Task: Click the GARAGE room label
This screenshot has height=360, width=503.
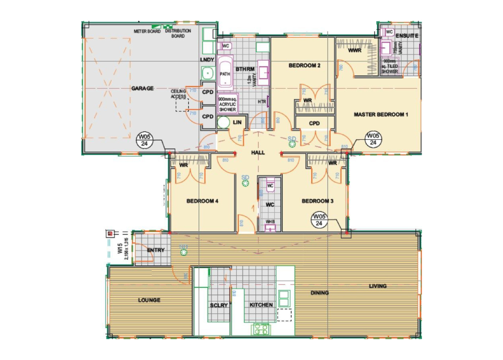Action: point(142,88)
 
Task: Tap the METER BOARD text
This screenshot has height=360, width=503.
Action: point(148,32)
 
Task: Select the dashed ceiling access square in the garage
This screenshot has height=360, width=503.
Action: point(182,105)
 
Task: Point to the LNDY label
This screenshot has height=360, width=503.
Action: point(207,60)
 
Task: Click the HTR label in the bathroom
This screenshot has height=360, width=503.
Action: point(262,102)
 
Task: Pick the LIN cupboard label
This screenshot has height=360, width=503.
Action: point(238,123)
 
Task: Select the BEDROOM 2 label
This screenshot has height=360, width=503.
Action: point(305,66)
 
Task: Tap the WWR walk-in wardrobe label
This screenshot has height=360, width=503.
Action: point(355,50)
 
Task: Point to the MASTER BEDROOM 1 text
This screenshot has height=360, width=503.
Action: point(381,115)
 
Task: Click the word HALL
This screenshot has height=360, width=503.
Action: point(258,152)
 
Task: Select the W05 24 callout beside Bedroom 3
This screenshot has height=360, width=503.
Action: point(319,220)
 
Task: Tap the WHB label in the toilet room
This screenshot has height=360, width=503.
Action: point(270,222)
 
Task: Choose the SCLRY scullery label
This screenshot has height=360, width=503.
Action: point(218,305)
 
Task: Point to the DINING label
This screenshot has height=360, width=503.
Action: point(320,293)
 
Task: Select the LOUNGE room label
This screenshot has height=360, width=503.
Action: point(149,300)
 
